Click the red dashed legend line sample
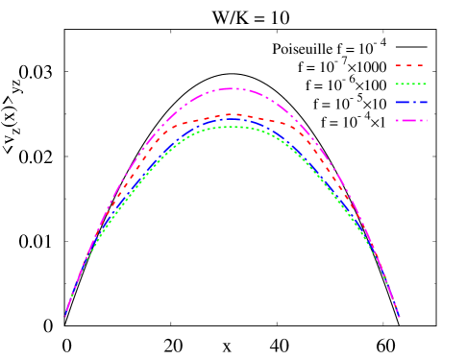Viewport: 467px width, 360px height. (x=409, y=65)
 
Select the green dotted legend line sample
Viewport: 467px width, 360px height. (x=410, y=84)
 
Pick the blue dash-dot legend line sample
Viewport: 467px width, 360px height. (x=410, y=102)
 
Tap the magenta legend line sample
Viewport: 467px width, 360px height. (x=410, y=120)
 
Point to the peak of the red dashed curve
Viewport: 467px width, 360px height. (x=230, y=114)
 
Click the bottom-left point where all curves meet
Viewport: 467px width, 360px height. (x=65, y=316)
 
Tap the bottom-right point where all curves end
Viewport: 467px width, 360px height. (x=399, y=317)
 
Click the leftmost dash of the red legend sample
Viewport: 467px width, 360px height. (x=399, y=65)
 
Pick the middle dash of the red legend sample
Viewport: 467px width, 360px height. (x=409, y=65)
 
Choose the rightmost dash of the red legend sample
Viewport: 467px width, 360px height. (x=420, y=65)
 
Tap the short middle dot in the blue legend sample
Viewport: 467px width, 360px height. (x=414, y=102)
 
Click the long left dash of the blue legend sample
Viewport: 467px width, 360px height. (x=402, y=102)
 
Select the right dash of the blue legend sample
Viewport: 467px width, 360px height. (x=423, y=102)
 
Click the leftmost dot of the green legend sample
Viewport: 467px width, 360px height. (x=396, y=84)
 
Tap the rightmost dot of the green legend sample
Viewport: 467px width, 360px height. (x=425, y=84)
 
